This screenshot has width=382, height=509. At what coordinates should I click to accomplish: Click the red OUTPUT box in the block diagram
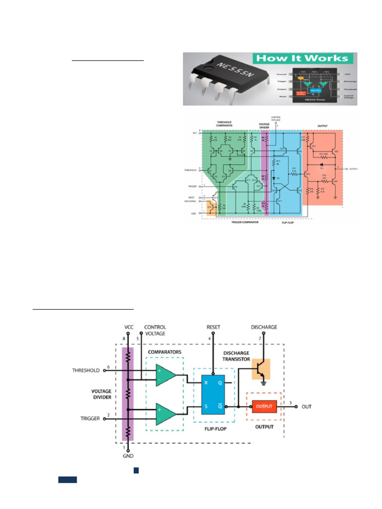click(x=264, y=406)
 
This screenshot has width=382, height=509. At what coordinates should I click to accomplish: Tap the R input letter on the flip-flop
click(x=204, y=383)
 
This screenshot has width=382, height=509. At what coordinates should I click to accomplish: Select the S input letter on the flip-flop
click(x=204, y=406)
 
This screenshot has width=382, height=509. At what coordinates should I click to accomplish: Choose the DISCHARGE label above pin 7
click(x=264, y=327)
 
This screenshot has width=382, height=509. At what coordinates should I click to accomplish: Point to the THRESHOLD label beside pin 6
click(x=87, y=370)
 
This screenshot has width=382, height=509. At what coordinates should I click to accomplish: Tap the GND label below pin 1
click(x=127, y=455)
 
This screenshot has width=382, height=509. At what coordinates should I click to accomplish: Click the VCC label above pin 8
click(x=129, y=327)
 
